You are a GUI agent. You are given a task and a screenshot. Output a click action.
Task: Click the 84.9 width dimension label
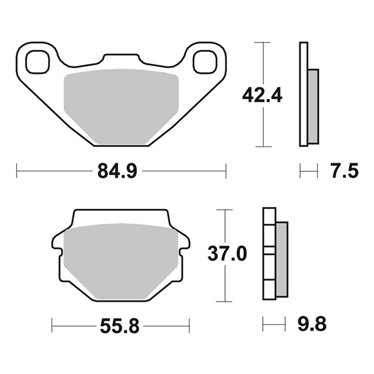116,170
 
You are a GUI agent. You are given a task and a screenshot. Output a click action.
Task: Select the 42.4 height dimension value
262,95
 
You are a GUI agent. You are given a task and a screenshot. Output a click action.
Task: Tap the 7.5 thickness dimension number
345,170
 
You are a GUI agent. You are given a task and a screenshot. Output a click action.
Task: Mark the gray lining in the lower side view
282,259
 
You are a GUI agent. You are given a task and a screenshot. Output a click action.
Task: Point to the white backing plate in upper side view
304,93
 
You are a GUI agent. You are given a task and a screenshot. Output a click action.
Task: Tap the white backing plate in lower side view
269,256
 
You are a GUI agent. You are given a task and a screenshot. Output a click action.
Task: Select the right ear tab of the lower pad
183,243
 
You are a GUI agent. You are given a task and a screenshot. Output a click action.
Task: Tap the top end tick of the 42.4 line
262,42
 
